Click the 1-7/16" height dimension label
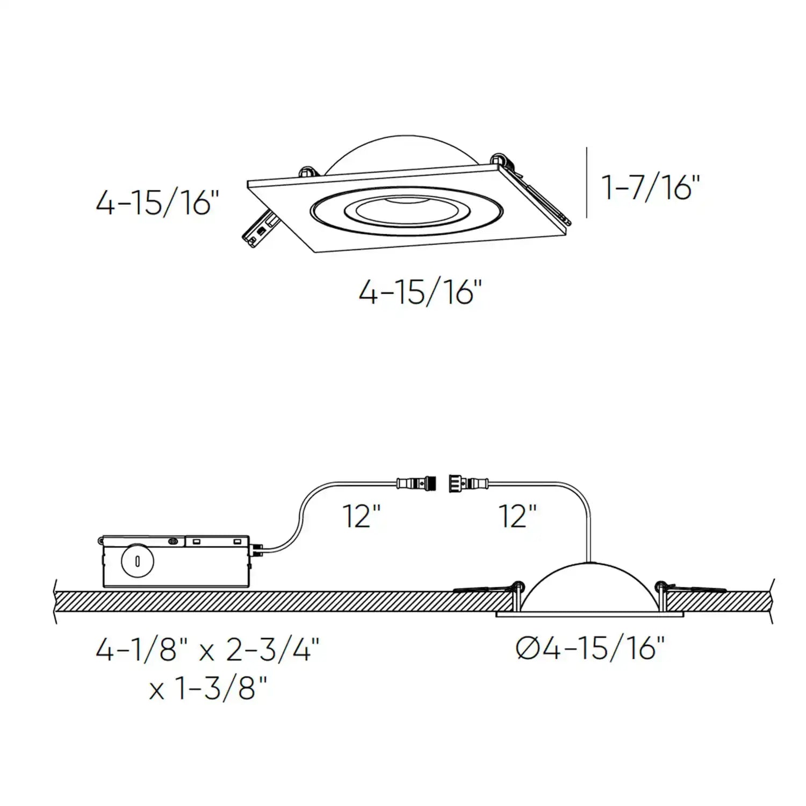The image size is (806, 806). (651, 188)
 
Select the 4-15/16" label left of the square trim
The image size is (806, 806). (157, 203)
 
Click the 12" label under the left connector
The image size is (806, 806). (361, 516)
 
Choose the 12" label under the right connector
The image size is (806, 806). (517, 516)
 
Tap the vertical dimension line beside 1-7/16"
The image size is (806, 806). (587, 183)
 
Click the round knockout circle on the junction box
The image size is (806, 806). (138, 561)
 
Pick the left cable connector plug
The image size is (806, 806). (416, 482)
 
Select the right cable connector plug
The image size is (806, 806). (465, 482)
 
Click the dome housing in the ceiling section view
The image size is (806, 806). (589, 588)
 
